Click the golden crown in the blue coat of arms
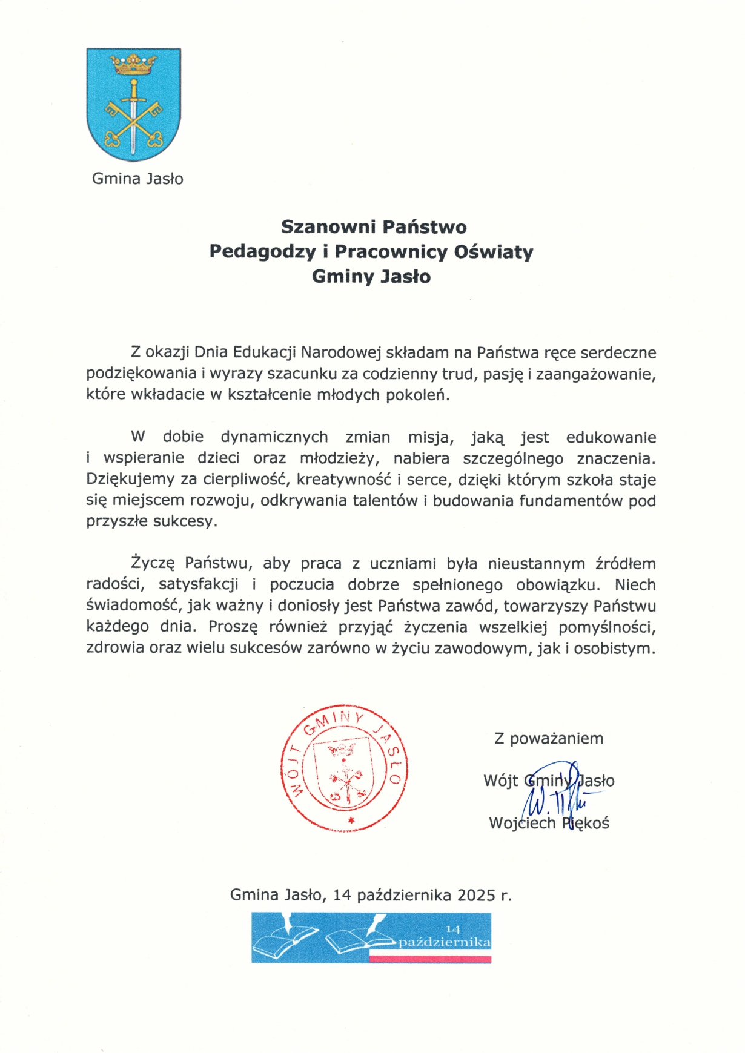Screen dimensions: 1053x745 point(133,64)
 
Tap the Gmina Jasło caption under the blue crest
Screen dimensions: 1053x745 point(137,179)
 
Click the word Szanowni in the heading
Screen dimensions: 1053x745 point(321,227)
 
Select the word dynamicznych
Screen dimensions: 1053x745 point(274,437)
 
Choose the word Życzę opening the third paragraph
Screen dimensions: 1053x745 point(153,564)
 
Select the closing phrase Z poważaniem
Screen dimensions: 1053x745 point(549,739)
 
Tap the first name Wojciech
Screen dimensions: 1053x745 point(522,824)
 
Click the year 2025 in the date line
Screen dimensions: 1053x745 point(477,895)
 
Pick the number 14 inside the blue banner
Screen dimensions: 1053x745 point(453,929)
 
